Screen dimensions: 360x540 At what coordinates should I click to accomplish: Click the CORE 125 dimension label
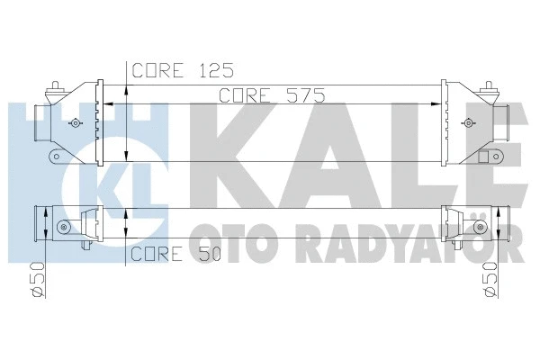[184, 69]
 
